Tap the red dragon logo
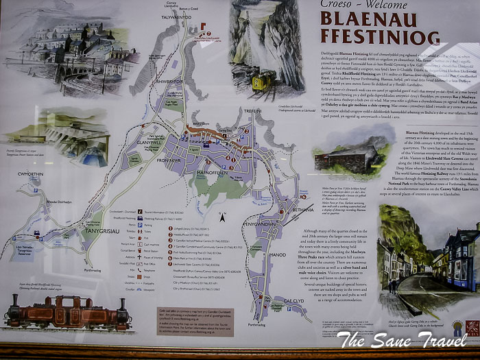coord(471,327)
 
